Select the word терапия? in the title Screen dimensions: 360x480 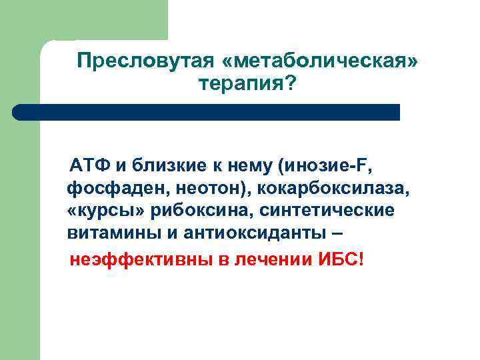[x=247, y=85]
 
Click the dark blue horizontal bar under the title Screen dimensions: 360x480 [x=207, y=111]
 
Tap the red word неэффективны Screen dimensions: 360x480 [x=135, y=258]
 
